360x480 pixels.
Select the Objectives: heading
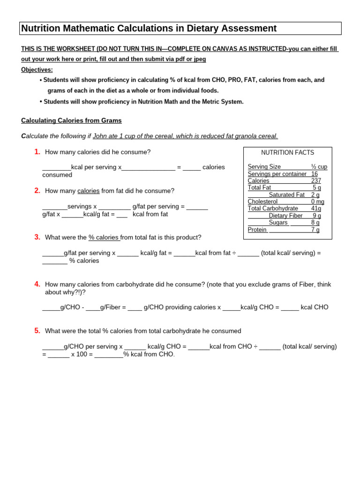[x=37, y=70]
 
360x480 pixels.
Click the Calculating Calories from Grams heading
[x=71, y=120]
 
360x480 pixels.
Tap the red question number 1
[x=37, y=152]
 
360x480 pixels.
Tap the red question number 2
[x=37, y=190]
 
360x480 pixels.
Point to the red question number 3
[x=37, y=237]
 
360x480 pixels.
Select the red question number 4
[x=37, y=284]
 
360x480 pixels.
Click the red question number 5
[x=37, y=330]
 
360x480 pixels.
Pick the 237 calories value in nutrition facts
[x=316, y=181]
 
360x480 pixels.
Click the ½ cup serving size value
[x=319, y=167]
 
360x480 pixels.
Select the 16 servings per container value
[x=315, y=174]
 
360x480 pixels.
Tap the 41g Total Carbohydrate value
[x=316, y=209]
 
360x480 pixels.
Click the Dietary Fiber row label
[x=285, y=216]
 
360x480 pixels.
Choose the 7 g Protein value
[x=315, y=230]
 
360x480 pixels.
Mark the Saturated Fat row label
[x=286, y=195]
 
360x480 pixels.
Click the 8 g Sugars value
[x=315, y=223]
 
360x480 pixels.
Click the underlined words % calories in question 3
[x=104, y=238]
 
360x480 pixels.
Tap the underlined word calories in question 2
[x=89, y=191]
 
